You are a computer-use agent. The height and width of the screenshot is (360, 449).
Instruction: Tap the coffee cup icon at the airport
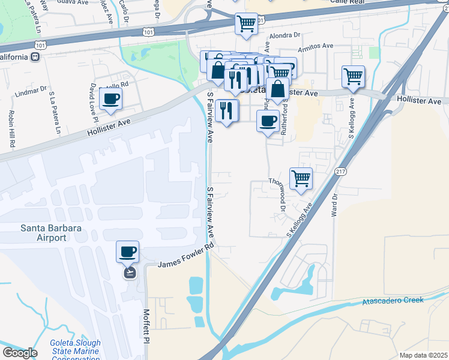(127, 252)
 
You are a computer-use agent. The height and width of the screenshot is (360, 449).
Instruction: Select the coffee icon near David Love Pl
(111, 99)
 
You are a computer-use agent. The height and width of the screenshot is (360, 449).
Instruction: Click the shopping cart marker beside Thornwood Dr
(301, 178)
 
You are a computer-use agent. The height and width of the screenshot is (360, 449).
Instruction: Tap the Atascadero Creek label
(393, 301)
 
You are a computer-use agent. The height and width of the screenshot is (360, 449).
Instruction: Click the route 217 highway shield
(340, 172)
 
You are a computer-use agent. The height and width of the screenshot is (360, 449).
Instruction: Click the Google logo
(20, 352)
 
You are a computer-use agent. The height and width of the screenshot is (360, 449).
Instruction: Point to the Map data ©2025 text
(423, 355)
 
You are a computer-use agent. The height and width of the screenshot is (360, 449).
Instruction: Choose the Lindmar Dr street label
(31, 92)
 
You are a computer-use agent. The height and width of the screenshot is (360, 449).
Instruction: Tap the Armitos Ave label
(320, 46)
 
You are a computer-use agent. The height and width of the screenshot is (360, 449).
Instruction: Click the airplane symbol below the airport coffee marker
(128, 272)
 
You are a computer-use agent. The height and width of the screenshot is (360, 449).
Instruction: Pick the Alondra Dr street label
(283, 36)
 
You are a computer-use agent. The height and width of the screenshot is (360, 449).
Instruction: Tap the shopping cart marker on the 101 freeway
(246, 24)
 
